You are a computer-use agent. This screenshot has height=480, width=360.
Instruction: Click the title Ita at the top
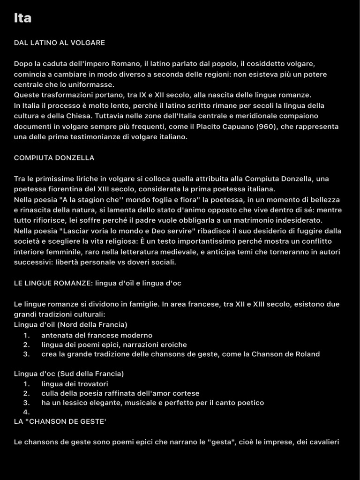(22, 18)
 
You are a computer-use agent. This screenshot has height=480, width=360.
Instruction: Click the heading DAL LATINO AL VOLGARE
(59, 43)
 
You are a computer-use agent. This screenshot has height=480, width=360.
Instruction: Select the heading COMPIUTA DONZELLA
(54, 158)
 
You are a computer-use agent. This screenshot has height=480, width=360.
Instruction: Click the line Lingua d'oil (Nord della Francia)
(70, 324)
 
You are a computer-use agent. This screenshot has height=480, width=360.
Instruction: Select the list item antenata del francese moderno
(97, 335)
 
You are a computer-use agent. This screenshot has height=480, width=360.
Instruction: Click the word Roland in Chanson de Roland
(307, 354)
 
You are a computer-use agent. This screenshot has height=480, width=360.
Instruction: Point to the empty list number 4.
(26, 412)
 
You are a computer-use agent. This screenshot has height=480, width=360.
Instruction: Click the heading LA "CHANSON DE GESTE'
(60, 421)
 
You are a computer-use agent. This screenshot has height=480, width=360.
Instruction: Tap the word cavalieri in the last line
(322, 442)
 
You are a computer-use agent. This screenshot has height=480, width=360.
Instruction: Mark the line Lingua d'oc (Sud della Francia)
(69, 374)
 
